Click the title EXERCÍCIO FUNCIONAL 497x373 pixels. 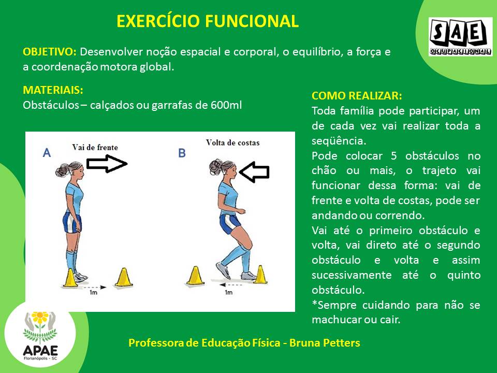[x=208, y=21]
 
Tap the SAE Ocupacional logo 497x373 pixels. [x=460, y=37]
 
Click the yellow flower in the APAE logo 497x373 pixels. [x=40, y=317]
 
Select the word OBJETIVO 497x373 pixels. [x=50, y=52]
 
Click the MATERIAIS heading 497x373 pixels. [x=53, y=90]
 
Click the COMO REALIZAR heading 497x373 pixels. [x=357, y=96]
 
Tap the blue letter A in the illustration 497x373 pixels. [x=47, y=153]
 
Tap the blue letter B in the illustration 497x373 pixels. [x=182, y=153]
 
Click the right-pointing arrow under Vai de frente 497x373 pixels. [x=107, y=164]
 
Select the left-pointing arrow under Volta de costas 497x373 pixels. [x=254, y=172]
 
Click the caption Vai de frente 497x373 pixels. [x=95, y=147]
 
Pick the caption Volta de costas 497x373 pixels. [x=232, y=143]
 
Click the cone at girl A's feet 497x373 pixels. [x=70, y=278]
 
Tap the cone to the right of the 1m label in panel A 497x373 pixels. [x=124, y=278]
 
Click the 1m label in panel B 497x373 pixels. [x=228, y=292]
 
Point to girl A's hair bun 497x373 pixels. [x=62, y=170]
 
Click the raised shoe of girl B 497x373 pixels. [x=223, y=270]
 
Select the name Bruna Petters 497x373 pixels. [x=325, y=343]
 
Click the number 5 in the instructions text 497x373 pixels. [x=393, y=156]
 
